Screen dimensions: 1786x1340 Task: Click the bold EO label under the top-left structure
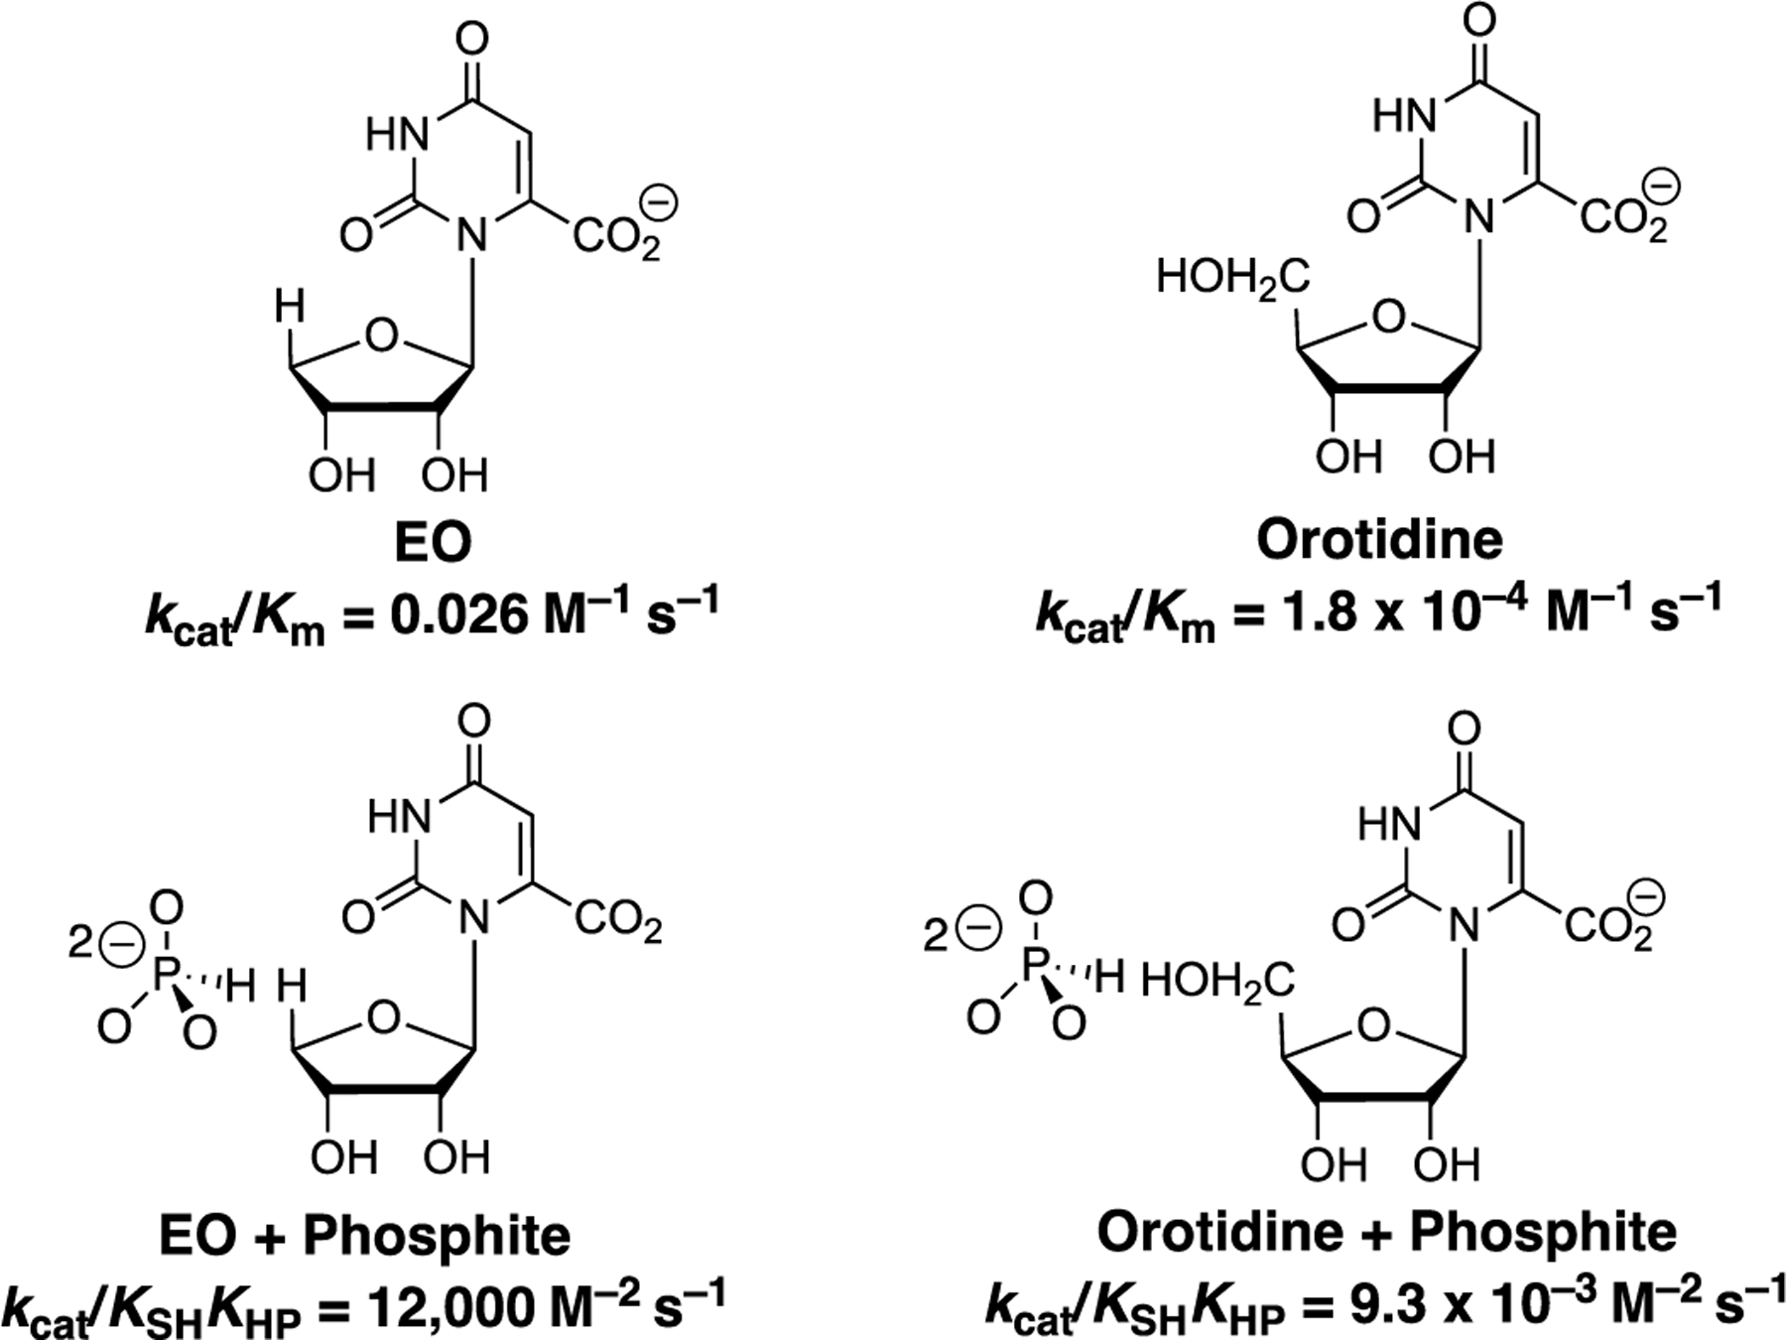pos(433,543)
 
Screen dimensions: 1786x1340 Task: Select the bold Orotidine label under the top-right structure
pos(1379,540)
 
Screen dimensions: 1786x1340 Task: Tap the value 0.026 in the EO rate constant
pos(456,615)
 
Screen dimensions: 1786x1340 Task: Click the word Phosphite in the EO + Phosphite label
pos(437,1237)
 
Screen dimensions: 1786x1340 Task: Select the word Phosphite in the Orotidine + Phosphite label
pos(1543,1233)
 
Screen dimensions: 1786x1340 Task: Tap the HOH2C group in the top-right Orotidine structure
pos(1232,278)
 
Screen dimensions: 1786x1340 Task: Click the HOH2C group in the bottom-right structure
pos(1217,983)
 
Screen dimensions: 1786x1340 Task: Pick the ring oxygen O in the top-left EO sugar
pos(380,335)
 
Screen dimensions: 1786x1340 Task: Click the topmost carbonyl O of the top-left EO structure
pos(474,40)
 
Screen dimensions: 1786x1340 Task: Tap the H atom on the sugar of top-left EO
pos(290,307)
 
